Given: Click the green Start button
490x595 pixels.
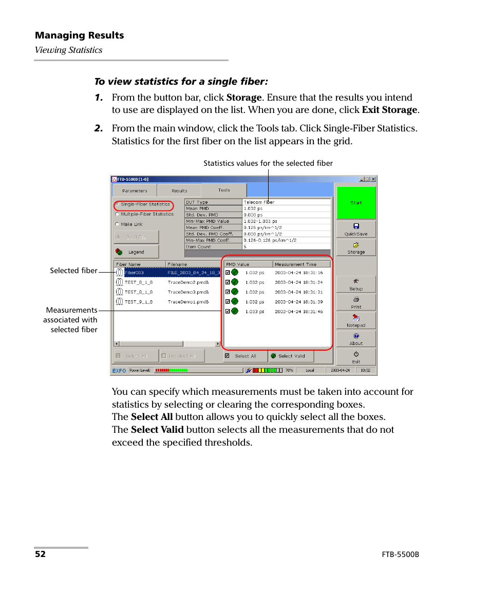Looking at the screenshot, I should [356, 202].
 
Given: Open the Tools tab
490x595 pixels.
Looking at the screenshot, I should [224, 190].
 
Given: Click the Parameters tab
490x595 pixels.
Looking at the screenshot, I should [135, 190].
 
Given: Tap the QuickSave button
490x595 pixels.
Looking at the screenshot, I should [356, 229].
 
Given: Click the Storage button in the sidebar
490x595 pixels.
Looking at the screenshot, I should [356, 247].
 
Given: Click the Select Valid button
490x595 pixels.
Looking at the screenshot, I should [291, 356].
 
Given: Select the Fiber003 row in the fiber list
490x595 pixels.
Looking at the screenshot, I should [135, 273].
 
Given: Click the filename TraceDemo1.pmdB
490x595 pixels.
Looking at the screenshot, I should [188, 302].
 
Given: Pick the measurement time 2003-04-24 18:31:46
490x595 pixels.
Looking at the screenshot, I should [298, 312].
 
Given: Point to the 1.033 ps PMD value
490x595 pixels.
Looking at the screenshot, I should [255, 312].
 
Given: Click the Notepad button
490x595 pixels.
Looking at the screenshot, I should [356, 320].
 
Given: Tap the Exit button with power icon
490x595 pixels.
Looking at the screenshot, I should [356, 357].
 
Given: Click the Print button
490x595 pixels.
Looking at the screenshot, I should [356, 302].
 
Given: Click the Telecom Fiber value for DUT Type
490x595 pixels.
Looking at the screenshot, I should [259, 202].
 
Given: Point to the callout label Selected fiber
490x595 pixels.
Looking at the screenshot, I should [73, 271].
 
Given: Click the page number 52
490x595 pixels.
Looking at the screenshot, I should [40, 554].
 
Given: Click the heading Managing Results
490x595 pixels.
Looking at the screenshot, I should [79, 35].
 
